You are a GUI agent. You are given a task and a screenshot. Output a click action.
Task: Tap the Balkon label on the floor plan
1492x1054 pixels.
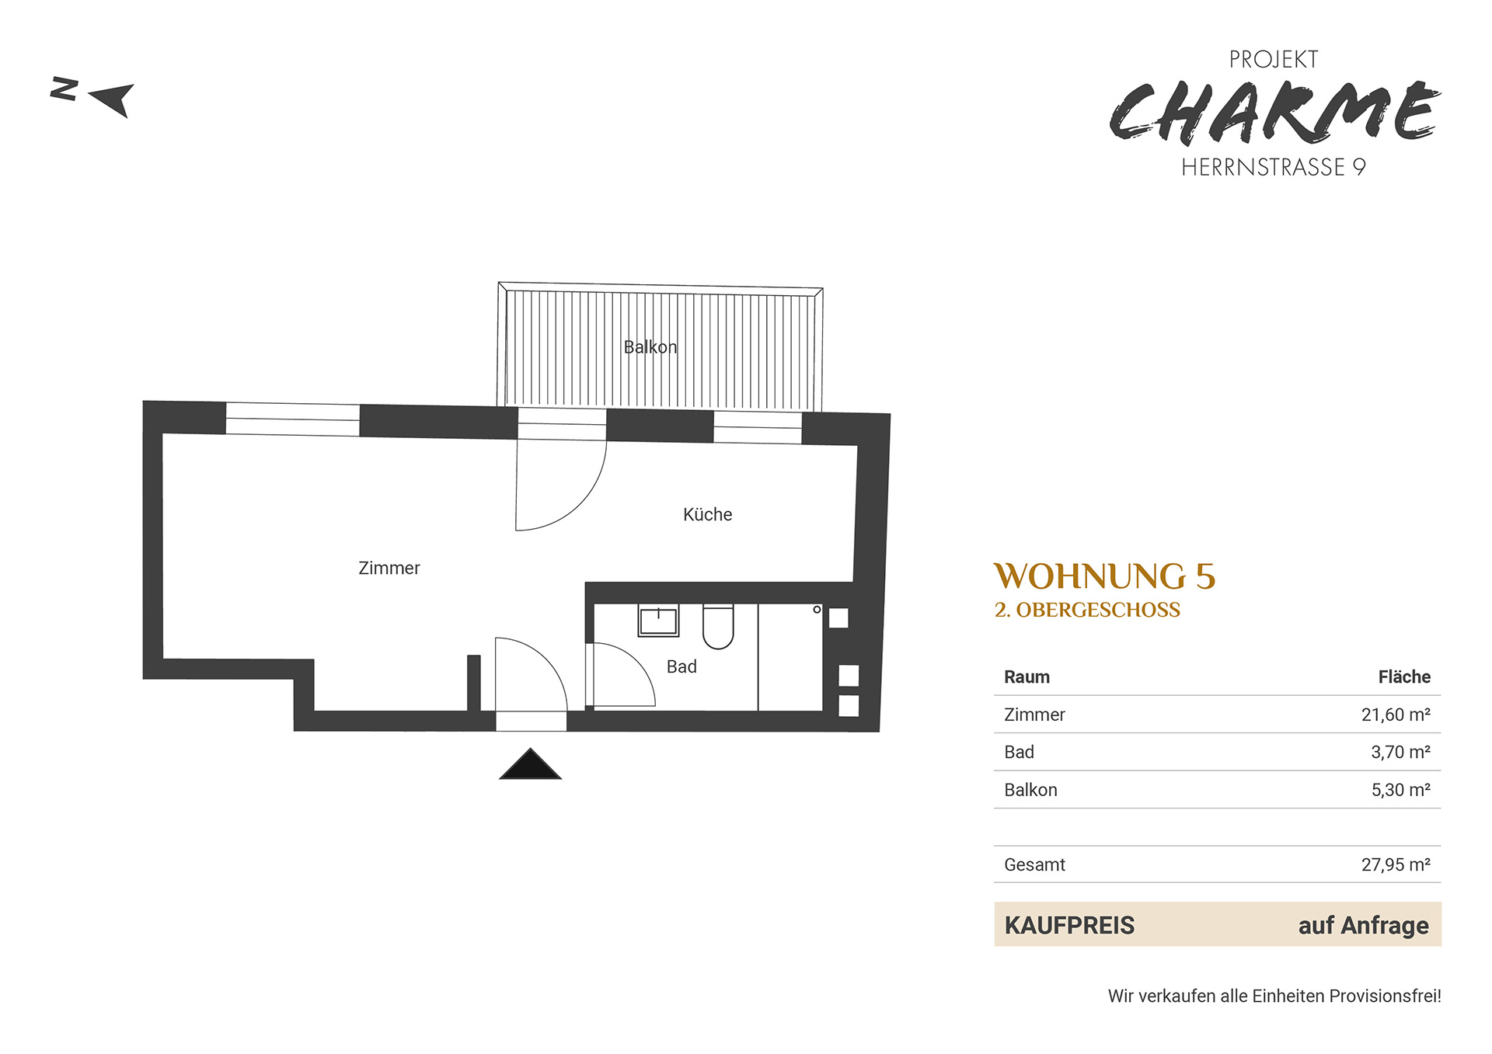coord(650,347)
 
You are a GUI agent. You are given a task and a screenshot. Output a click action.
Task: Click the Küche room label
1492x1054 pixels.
coord(707,514)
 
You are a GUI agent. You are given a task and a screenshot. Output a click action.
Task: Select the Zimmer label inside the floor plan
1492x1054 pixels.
coord(389,568)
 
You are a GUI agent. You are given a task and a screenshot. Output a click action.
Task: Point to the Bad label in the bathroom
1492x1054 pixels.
coord(682,666)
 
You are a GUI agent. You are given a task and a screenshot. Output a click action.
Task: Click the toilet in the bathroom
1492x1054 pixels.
coord(718,626)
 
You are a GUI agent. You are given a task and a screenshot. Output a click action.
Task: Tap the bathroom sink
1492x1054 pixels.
coord(658,621)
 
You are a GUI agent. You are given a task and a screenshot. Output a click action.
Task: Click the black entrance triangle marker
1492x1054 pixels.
coord(530,764)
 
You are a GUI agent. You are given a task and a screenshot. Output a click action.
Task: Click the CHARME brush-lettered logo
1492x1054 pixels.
coord(1274,113)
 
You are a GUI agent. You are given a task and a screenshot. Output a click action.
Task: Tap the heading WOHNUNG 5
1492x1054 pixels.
coord(1104,576)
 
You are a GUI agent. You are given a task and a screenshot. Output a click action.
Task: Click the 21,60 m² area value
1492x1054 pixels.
coord(1396,715)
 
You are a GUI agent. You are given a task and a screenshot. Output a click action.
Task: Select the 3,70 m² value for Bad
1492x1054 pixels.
coord(1400,752)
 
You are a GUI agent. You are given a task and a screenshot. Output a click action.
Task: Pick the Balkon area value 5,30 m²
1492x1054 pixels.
coord(1400,790)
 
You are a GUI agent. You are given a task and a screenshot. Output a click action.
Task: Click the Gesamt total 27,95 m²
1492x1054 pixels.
coord(1396,864)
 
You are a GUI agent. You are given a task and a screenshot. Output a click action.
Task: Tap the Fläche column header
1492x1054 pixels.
coord(1404,677)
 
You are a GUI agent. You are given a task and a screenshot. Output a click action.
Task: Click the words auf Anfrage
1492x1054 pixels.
coord(1363,925)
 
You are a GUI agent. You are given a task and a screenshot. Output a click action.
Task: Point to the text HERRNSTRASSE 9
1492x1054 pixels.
coord(1274,167)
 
